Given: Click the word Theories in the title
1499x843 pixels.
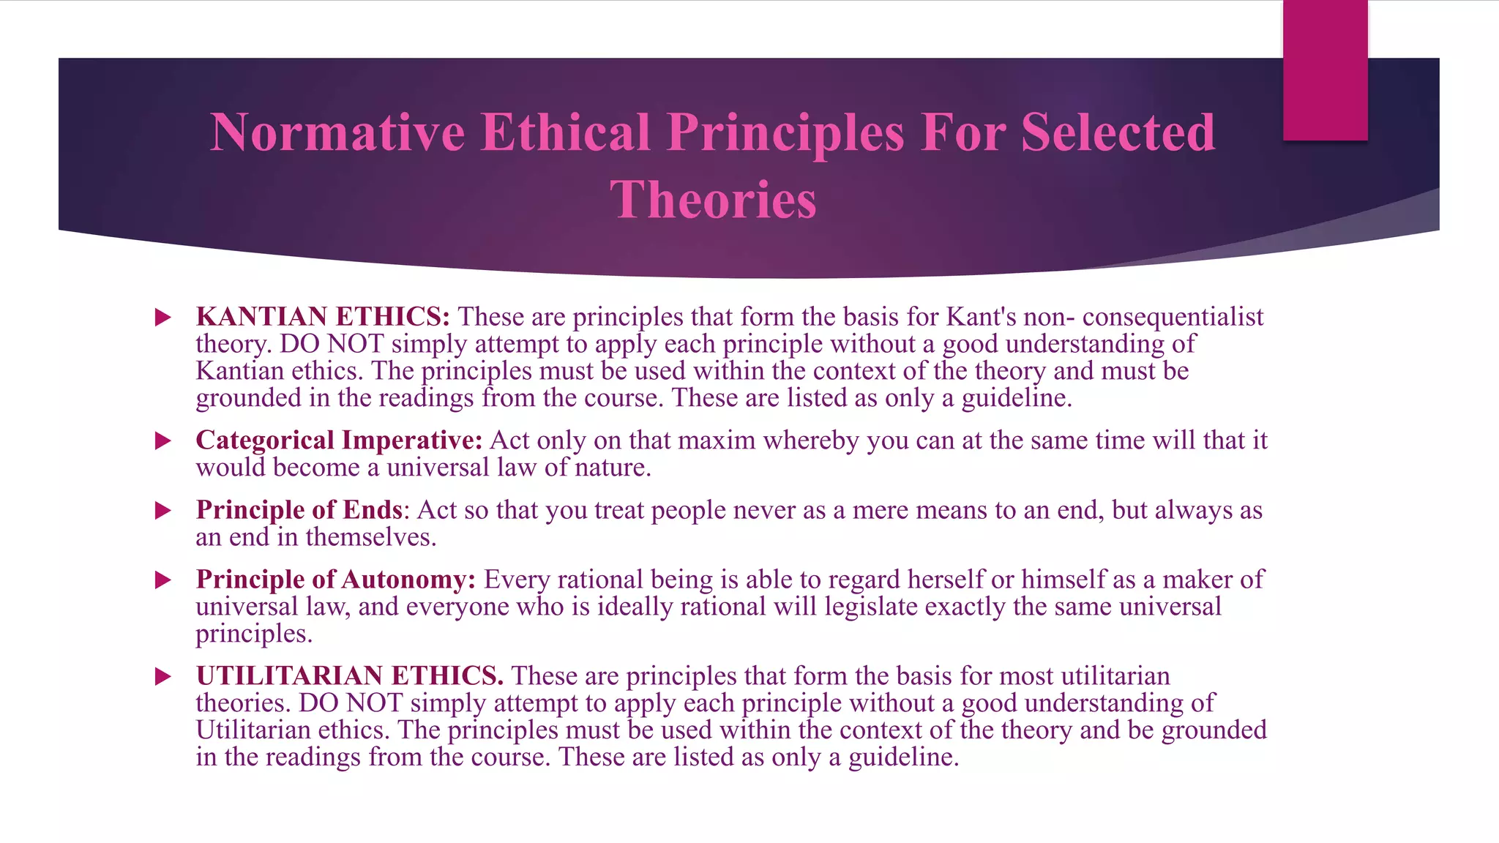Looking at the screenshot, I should (x=713, y=199).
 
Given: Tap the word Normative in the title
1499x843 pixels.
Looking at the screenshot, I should (x=337, y=132).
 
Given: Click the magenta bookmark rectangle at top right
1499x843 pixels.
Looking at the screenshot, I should (x=1325, y=70).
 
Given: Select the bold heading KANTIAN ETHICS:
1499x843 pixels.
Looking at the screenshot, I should (x=323, y=317).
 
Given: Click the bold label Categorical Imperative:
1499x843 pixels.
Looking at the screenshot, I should (x=339, y=441).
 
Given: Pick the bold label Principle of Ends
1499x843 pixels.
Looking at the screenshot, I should (x=299, y=510).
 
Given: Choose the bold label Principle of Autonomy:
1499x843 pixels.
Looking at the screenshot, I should (x=335, y=580).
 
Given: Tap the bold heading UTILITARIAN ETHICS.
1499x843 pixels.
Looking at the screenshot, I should (x=349, y=675).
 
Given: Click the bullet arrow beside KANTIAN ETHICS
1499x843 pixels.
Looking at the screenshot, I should (x=163, y=318).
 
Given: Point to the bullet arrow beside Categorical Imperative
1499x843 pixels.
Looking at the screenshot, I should (x=163, y=441).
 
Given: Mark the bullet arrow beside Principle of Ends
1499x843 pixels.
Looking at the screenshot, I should (x=163, y=511).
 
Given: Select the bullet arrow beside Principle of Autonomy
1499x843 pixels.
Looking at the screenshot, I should (x=163, y=580).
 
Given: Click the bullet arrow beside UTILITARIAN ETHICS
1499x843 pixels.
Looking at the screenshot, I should (x=163, y=676).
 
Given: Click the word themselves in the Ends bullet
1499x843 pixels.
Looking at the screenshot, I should (x=370, y=537).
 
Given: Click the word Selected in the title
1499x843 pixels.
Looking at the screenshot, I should (x=1118, y=132).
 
